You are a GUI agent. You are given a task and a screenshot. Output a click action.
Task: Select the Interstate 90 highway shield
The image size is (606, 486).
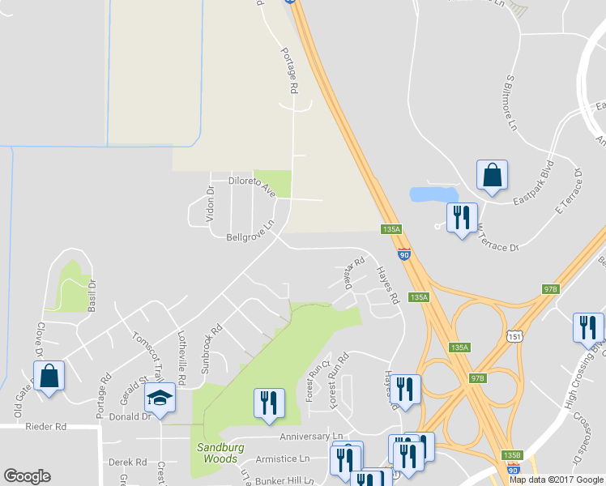[x=403, y=254]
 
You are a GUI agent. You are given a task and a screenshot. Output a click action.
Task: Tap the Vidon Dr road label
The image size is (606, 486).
[x=210, y=204]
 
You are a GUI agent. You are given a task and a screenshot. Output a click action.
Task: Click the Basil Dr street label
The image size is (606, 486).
[x=91, y=296]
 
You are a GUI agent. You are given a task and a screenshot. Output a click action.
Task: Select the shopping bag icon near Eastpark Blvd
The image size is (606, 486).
[x=492, y=174]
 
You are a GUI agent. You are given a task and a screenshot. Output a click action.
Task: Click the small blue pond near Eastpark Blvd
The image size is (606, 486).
[x=432, y=194]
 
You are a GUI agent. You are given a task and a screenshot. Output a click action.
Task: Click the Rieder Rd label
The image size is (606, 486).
[x=45, y=426]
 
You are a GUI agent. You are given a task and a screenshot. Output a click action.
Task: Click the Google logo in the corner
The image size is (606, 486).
[x=27, y=476]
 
